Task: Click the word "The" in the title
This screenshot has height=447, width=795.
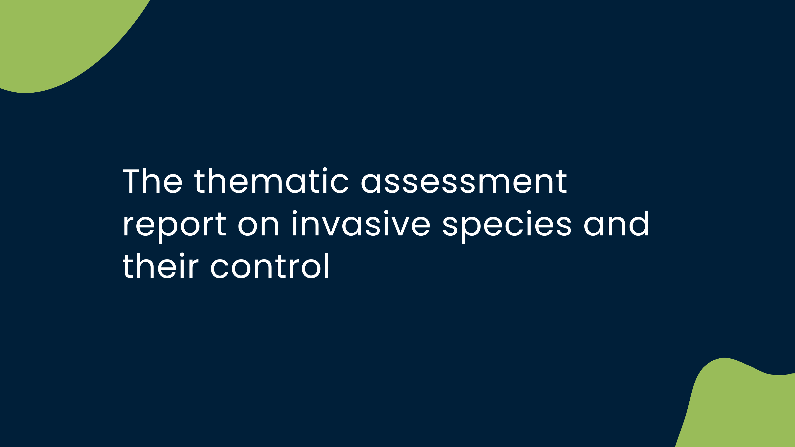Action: click(x=153, y=181)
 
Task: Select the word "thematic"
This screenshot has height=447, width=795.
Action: click(x=272, y=181)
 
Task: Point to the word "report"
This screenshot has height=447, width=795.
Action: click(x=174, y=227)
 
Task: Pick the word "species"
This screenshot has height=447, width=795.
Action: click(x=507, y=227)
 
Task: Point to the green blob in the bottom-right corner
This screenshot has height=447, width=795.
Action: click(x=741, y=407)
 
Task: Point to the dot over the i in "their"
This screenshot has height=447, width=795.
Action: click(x=182, y=255)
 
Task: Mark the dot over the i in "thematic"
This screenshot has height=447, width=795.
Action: click(x=325, y=170)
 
